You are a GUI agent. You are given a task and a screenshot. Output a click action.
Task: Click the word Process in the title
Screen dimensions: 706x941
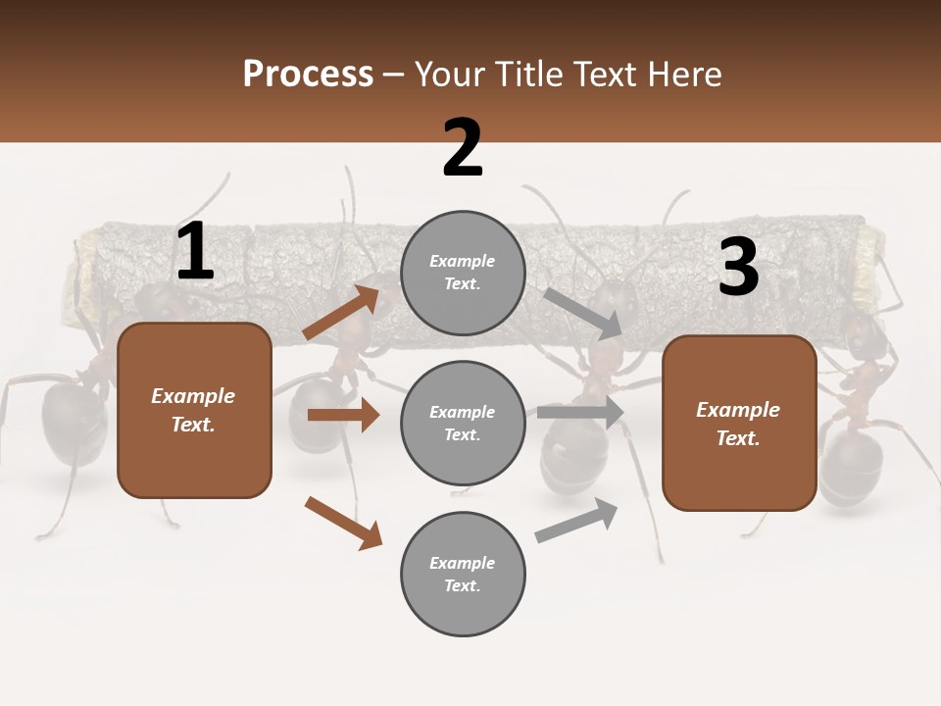(308, 75)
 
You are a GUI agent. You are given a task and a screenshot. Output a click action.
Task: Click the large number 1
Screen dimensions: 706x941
(195, 252)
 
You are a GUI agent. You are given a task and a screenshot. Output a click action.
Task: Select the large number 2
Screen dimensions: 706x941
(463, 148)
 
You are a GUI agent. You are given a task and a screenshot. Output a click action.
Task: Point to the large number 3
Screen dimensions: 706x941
(738, 267)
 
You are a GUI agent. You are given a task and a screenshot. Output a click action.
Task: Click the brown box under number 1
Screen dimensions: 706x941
(194, 410)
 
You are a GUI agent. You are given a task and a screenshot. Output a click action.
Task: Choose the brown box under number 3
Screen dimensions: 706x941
(739, 423)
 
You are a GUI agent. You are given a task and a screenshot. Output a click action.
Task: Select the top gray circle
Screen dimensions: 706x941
(463, 273)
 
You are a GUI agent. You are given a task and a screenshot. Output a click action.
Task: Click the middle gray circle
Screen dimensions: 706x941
(463, 423)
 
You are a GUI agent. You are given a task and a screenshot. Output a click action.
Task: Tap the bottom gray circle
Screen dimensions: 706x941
(463, 574)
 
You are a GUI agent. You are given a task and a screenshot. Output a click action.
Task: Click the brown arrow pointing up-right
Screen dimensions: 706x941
(342, 312)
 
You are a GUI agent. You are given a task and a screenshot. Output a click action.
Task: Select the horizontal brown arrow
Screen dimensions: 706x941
(343, 415)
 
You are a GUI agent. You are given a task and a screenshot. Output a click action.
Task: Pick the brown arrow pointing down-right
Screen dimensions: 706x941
(343, 523)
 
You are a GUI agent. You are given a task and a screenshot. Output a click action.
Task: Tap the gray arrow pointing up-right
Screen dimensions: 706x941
(576, 521)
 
